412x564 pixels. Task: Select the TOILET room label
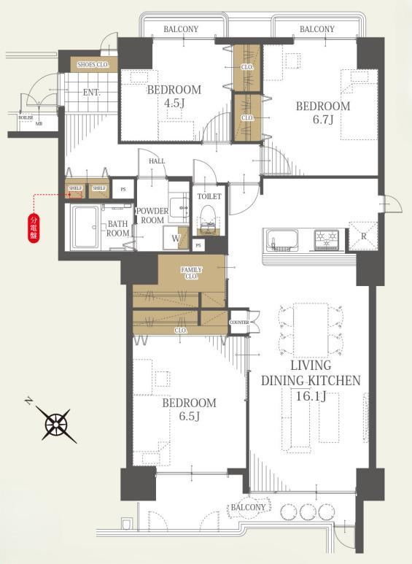click(209, 197)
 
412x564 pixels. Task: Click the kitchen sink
click(281, 239)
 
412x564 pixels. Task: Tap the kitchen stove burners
click(326, 238)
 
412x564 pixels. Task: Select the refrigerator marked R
click(362, 235)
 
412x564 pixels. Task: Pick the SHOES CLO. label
click(93, 65)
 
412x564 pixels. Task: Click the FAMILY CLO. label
click(191, 273)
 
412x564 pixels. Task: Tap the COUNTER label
click(239, 322)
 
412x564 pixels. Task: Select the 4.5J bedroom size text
click(173, 103)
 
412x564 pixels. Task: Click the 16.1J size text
click(311, 396)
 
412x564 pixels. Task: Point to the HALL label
click(157, 162)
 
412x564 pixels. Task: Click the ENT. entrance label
click(91, 93)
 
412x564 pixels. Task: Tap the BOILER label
click(26, 117)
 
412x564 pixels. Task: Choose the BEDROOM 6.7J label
click(322, 112)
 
